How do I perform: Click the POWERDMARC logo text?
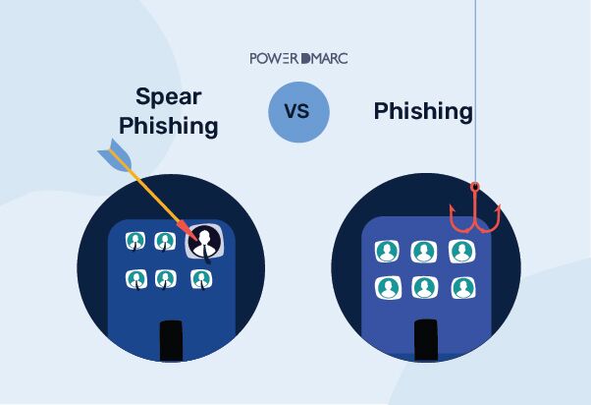tap(298, 58)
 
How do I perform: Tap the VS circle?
tap(297, 111)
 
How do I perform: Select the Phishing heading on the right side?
tap(423, 111)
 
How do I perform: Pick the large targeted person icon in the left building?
tap(204, 242)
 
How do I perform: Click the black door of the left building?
tap(172, 340)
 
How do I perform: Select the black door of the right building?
tap(425, 340)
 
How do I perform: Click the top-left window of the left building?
tap(135, 241)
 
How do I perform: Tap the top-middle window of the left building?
tap(165, 241)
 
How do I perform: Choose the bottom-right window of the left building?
tap(201, 279)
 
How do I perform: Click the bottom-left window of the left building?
tap(135, 279)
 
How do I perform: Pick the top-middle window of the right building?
tap(424, 251)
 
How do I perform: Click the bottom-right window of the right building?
tap(461, 287)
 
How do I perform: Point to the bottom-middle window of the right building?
tap(424, 287)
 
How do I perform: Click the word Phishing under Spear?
tap(177, 126)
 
